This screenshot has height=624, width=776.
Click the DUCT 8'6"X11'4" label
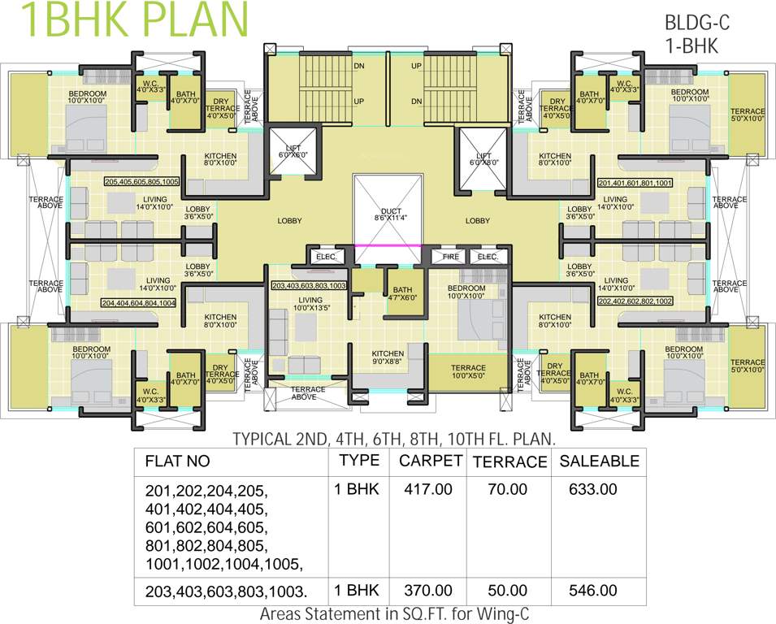[x=388, y=214]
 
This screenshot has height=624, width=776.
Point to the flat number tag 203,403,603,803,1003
[x=310, y=286]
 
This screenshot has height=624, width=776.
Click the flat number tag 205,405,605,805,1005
[x=141, y=182]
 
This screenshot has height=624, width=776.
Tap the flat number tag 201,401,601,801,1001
[x=635, y=183]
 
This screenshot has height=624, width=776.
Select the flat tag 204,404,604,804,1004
[x=139, y=302]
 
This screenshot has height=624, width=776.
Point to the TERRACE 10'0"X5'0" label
[x=468, y=372]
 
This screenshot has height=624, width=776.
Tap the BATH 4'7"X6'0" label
[x=403, y=294]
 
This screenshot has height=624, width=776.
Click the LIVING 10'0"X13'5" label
[x=310, y=304]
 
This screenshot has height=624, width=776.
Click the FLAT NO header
[x=177, y=461]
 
